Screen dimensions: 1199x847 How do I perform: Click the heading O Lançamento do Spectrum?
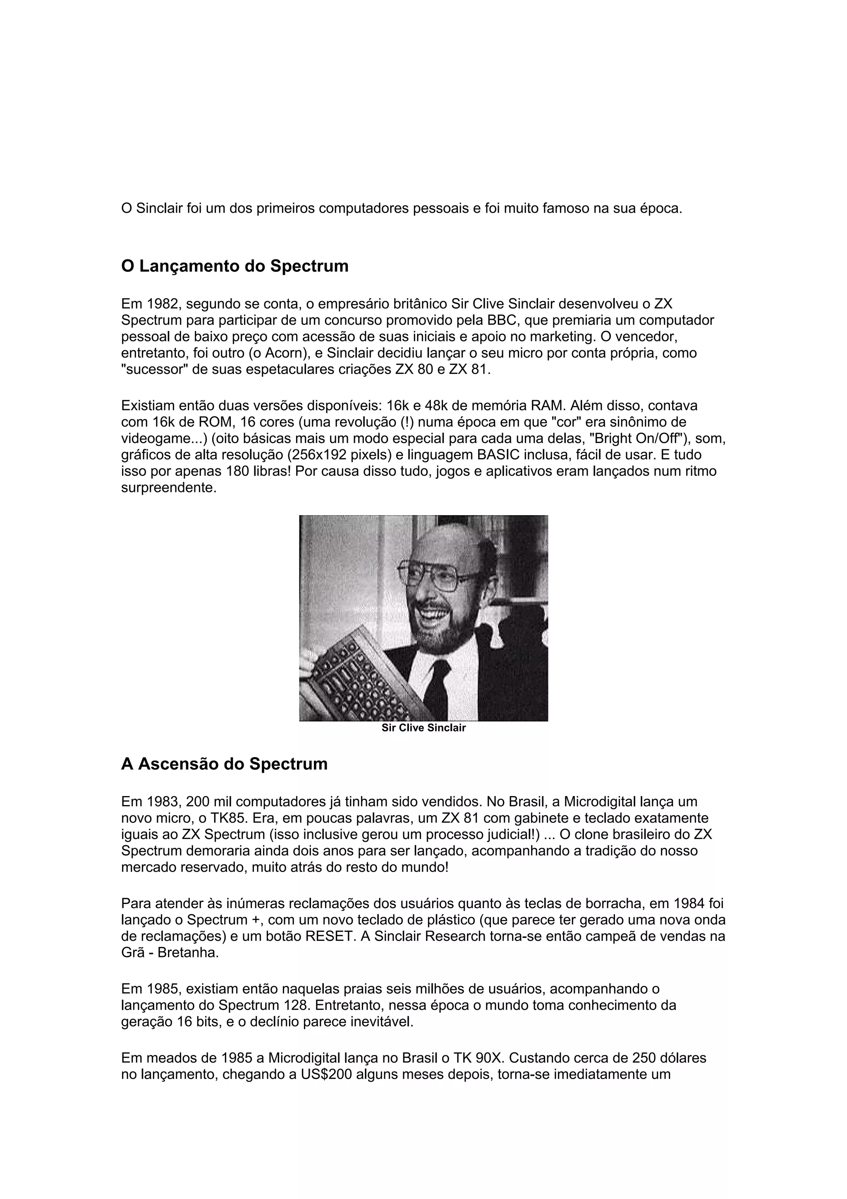coord(234,266)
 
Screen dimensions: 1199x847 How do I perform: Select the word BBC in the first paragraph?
coord(502,320)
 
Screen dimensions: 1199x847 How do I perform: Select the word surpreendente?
coord(168,488)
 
